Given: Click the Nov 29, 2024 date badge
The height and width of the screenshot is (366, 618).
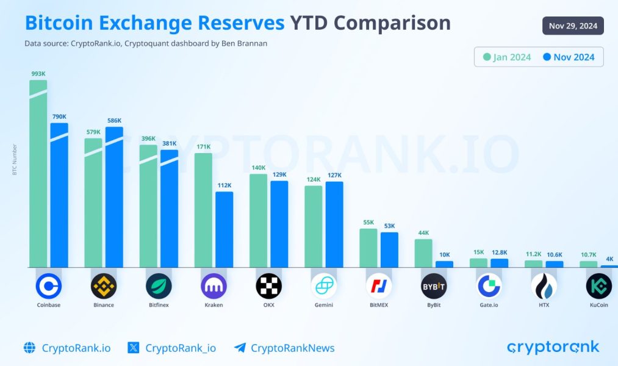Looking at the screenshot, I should (573, 26).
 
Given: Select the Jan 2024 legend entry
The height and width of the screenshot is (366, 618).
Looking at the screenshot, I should (507, 57).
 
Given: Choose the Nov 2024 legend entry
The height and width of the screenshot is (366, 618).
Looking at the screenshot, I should (568, 57).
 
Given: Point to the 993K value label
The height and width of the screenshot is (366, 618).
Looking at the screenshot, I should (38, 74).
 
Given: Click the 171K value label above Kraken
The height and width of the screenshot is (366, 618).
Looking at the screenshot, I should (203, 146).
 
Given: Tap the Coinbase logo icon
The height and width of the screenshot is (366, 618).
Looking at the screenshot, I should (49, 285).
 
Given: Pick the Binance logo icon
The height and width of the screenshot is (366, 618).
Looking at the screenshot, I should (104, 285).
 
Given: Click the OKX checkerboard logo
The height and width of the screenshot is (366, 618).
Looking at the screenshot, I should (268, 285).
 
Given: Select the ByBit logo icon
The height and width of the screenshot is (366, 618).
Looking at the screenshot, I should (434, 285).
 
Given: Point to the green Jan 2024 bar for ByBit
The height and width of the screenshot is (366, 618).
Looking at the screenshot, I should (423, 253).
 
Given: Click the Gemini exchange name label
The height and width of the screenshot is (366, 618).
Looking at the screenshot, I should (323, 305).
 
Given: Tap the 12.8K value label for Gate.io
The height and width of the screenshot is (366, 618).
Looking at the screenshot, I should (499, 253).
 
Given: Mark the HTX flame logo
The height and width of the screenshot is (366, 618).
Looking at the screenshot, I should (544, 285).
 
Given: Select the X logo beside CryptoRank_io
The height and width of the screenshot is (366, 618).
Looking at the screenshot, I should (134, 348).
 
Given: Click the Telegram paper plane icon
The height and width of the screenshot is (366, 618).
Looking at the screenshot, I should (240, 348).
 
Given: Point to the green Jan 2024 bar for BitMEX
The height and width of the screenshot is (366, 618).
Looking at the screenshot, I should (368, 248).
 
